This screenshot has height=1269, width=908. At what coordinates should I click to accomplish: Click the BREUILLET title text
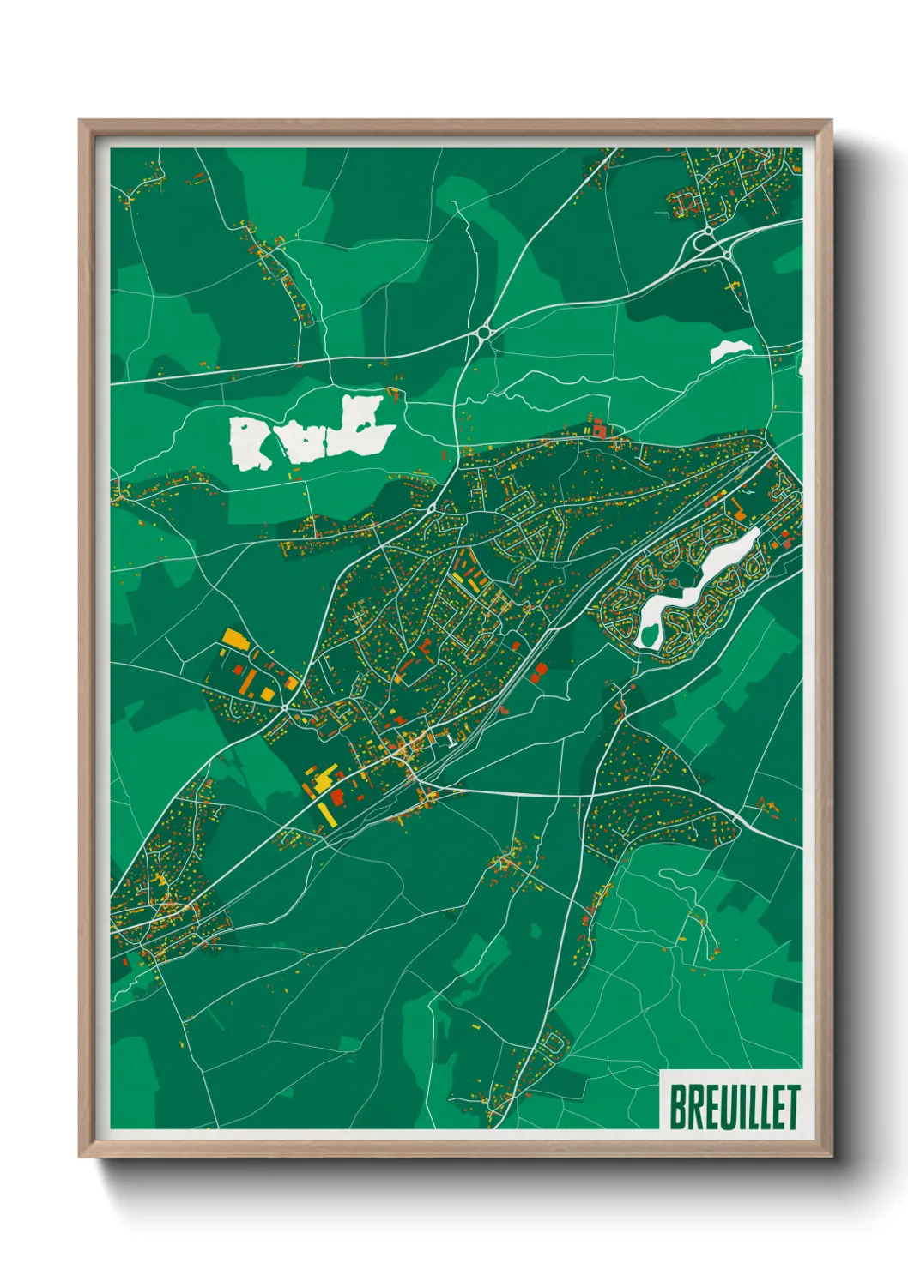[734, 1107]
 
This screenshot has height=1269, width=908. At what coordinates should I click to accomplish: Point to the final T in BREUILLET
[791, 1107]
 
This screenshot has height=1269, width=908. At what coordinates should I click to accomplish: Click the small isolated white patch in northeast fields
[729, 350]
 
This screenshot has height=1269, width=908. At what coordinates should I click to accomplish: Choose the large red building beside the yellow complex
[337, 797]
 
